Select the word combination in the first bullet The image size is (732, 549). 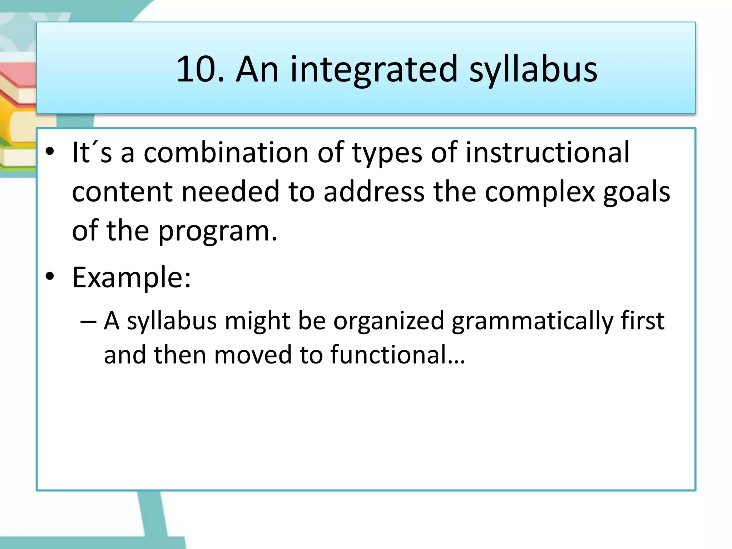[226, 153]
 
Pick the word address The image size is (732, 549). [374, 192]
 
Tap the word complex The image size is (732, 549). [540, 192]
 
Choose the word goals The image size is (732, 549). [637, 192]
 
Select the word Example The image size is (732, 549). [129, 277]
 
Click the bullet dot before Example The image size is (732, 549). [50, 277]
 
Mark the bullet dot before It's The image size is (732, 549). [50, 152]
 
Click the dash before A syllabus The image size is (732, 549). [88, 321]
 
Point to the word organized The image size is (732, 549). [389, 321]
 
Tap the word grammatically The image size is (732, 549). [532, 321]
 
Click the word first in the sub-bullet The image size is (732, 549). [642, 321]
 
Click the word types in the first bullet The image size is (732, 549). [387, 153]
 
